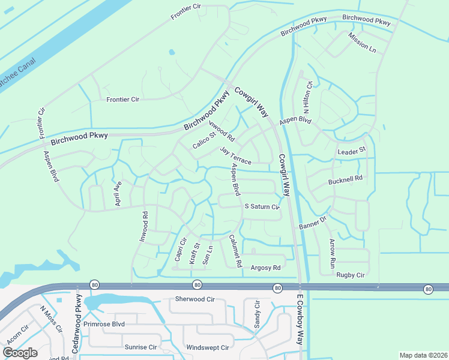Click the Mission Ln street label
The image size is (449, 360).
tap(362, 42)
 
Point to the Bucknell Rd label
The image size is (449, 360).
tap(346, 179)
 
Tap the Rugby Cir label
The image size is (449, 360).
tap(351, 275)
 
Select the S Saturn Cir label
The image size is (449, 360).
tap(262, 207)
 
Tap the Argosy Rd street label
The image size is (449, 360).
tap(265, 268)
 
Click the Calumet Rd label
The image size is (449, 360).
tap(235, 250)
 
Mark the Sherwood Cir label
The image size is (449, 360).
tap(194, 299)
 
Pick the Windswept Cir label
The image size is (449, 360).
tap(208, 347)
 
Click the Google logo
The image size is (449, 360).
tap(20, 353)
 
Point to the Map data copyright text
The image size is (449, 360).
tap(423, 355)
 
